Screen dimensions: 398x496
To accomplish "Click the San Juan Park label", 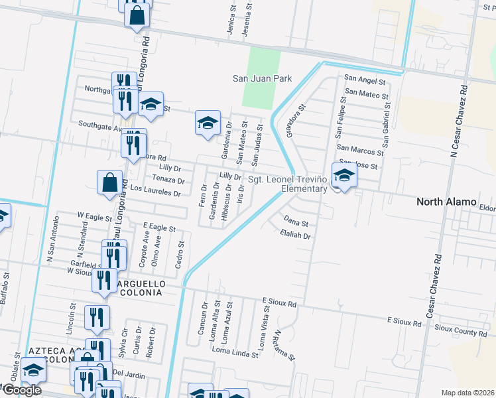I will tap(262, 78).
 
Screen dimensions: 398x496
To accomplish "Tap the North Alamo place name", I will tap(446, 202).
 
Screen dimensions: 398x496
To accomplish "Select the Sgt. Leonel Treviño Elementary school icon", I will tap(344, 176).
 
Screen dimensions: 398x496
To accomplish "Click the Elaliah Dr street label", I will tap(295, 235).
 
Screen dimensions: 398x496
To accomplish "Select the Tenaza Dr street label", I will tap(168, 180).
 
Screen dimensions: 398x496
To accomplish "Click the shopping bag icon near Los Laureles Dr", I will tap(109, 182).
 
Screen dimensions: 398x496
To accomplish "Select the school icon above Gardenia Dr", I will tap(208, 123).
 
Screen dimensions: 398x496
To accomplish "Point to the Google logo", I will tap(21, 390).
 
